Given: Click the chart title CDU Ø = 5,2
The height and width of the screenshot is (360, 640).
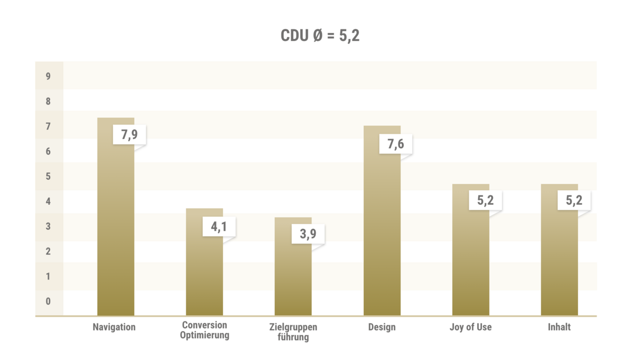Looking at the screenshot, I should pos(320,36).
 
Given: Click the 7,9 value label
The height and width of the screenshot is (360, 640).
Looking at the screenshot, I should pos(129,134).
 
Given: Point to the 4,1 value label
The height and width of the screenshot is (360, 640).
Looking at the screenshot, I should pos(219,226).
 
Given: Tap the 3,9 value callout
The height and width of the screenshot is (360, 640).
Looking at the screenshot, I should pos(308,234).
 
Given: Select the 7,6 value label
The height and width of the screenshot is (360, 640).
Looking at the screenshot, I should pos(395,144).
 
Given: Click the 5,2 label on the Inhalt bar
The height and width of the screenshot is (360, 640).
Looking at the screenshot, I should pos(574,201).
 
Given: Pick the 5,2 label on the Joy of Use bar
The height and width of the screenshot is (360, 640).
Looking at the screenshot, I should pos(485,201).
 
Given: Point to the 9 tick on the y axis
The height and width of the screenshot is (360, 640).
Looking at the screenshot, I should pos(48,76).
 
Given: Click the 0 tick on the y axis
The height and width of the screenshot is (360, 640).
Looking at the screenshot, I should pos(48,301).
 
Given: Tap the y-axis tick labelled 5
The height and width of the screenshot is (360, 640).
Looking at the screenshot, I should pos(48,177).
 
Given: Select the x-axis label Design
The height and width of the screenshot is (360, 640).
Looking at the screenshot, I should pos(382,327).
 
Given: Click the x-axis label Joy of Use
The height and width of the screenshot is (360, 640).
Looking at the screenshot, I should pos(470,327).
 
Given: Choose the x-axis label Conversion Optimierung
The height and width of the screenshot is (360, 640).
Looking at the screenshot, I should pos(204,330).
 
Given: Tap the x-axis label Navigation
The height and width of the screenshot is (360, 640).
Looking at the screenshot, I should pos(114,327).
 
